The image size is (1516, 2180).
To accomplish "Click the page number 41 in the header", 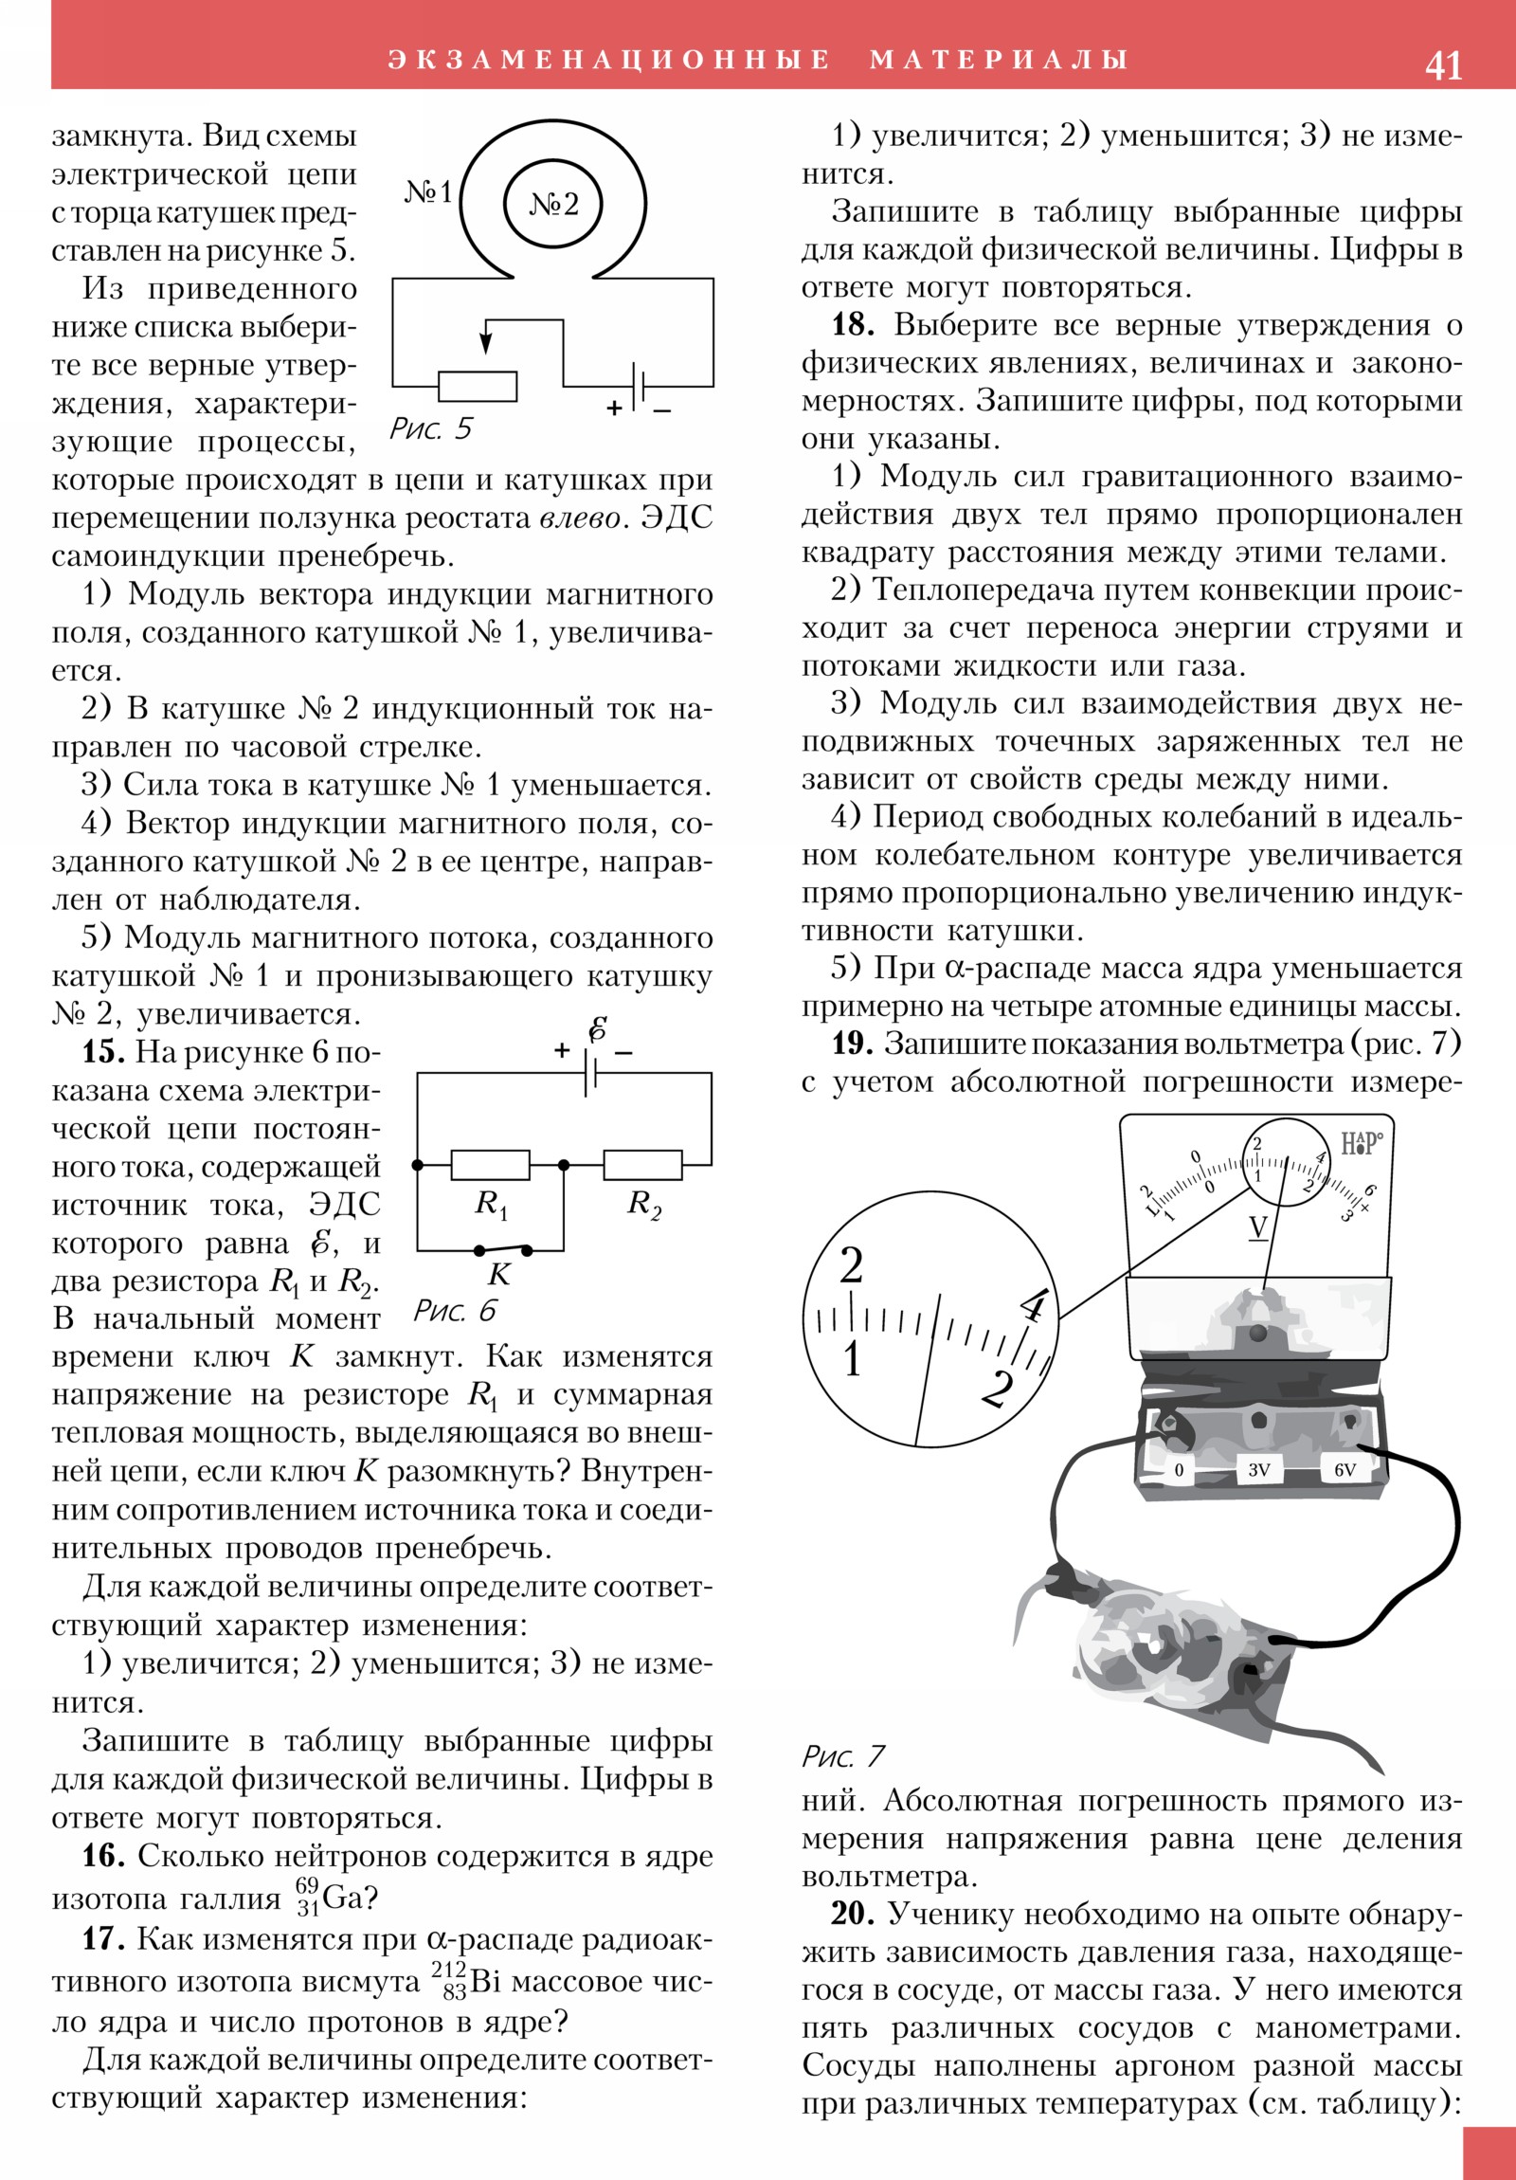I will [x=1443, y=65].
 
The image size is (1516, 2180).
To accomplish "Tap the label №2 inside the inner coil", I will [x=553, y=204].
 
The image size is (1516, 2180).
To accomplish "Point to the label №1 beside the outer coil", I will [x=429, y=191].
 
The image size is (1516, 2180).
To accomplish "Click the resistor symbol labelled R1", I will [x=490, y=1164].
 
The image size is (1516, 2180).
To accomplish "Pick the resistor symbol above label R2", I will [x=642, y=1164].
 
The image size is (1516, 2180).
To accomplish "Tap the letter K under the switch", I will [x=499, y=1274].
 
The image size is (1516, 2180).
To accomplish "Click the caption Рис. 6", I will [x=455, y=1311].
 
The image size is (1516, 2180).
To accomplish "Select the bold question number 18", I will [x=853, y=325].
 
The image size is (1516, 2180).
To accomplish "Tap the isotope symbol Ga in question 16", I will [x=343, y=1898].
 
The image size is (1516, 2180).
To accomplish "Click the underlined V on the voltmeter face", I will [x=1257, y=1227].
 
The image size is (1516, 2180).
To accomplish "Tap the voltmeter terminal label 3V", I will [x=1258, y=1470].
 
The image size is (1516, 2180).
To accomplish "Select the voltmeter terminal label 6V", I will [x=1345, y=1470].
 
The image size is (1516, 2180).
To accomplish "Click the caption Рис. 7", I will [x=842, y=1755].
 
